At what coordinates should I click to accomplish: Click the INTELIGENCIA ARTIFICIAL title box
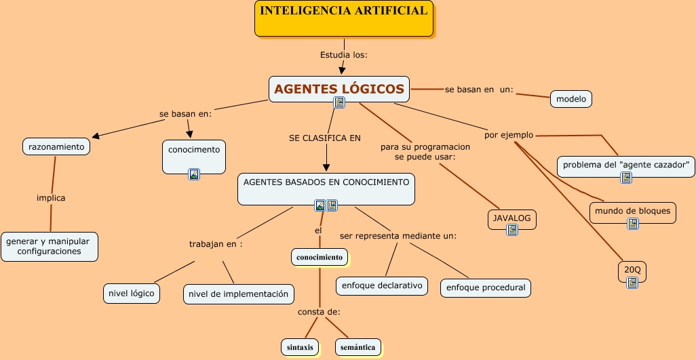click(x=344, y=18)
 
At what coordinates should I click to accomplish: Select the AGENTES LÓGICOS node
click(x=339, y=88)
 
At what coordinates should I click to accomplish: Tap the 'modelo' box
click(x=571, y=99)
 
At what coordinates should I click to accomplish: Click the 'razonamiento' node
click(x=56, y=146)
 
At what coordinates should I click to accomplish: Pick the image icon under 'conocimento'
click(x=194, y=174)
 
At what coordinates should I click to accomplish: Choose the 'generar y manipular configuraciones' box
click(x=50, y=246)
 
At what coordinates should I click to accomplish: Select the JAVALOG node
click(x=511, y=219)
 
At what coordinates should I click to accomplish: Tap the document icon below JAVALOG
click(x=512, y=231)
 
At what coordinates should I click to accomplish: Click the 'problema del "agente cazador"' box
click(x=625, y=165)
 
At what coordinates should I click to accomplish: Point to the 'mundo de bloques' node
click(x=632, y=211)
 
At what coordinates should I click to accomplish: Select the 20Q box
click(x=632, y=270)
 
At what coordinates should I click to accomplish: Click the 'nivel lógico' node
click(x=132, y=293)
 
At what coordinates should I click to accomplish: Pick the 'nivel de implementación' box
click(x=238, y=294)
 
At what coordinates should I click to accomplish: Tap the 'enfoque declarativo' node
click(x=382, y=285)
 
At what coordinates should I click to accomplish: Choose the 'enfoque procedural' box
click(x=485, y=287)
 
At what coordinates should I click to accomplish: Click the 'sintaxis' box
click(x=300, y=347)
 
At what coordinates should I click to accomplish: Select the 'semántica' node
click(x=357, y=347)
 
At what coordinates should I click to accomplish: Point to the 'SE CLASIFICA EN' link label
click(x=325, y=138)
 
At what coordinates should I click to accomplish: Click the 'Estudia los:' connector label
click(x=343, y=55)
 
